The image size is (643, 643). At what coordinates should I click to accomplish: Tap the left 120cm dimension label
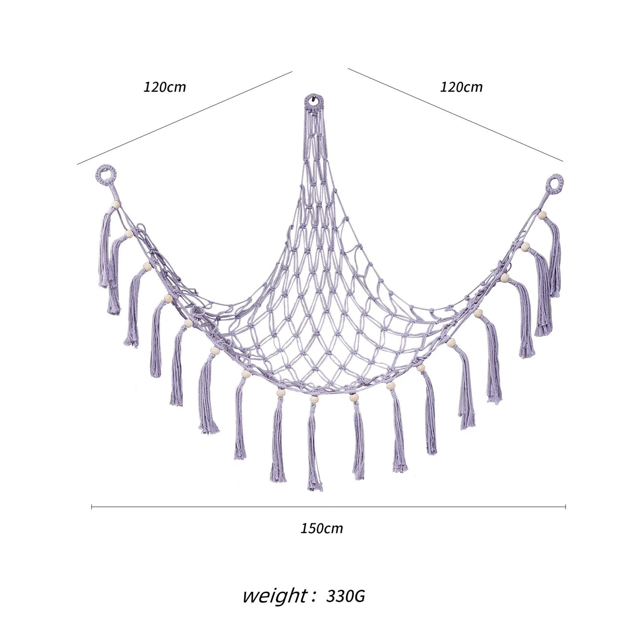[165, 87]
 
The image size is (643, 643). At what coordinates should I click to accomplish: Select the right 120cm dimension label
[461, 87]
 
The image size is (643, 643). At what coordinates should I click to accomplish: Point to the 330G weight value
[345, 596]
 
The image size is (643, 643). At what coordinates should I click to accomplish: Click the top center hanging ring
[313, 102]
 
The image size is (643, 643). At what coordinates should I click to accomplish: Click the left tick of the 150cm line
[91, 507]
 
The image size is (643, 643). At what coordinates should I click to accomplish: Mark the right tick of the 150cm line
[565, 507]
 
